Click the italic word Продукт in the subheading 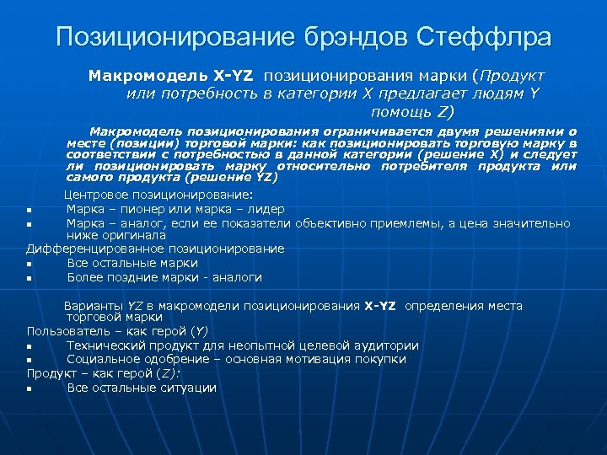tap(514, 76)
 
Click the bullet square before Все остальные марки tap(30, 264)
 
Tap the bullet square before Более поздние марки tap(30, 278)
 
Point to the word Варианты tap(94, 306)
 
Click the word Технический tap(109, 345)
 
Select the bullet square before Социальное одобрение tap(30, 361)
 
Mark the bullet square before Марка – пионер tap(30, 210)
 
